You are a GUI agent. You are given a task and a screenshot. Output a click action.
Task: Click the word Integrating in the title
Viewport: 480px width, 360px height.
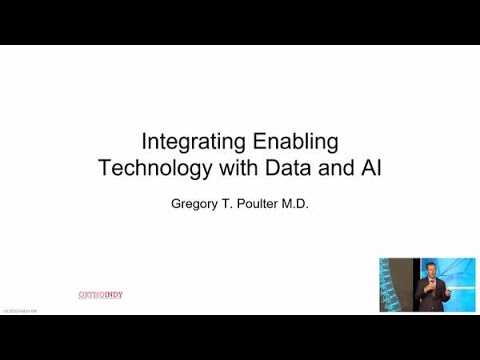point(188,142)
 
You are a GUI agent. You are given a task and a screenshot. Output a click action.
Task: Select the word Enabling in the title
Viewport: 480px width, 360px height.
point(289,142)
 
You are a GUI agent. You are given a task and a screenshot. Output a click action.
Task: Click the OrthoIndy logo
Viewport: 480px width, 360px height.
point(100,294)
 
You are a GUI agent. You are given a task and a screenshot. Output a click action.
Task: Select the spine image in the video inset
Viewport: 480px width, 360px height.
point(397,285)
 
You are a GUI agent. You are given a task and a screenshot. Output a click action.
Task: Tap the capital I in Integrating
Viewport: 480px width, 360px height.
point(144,142)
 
